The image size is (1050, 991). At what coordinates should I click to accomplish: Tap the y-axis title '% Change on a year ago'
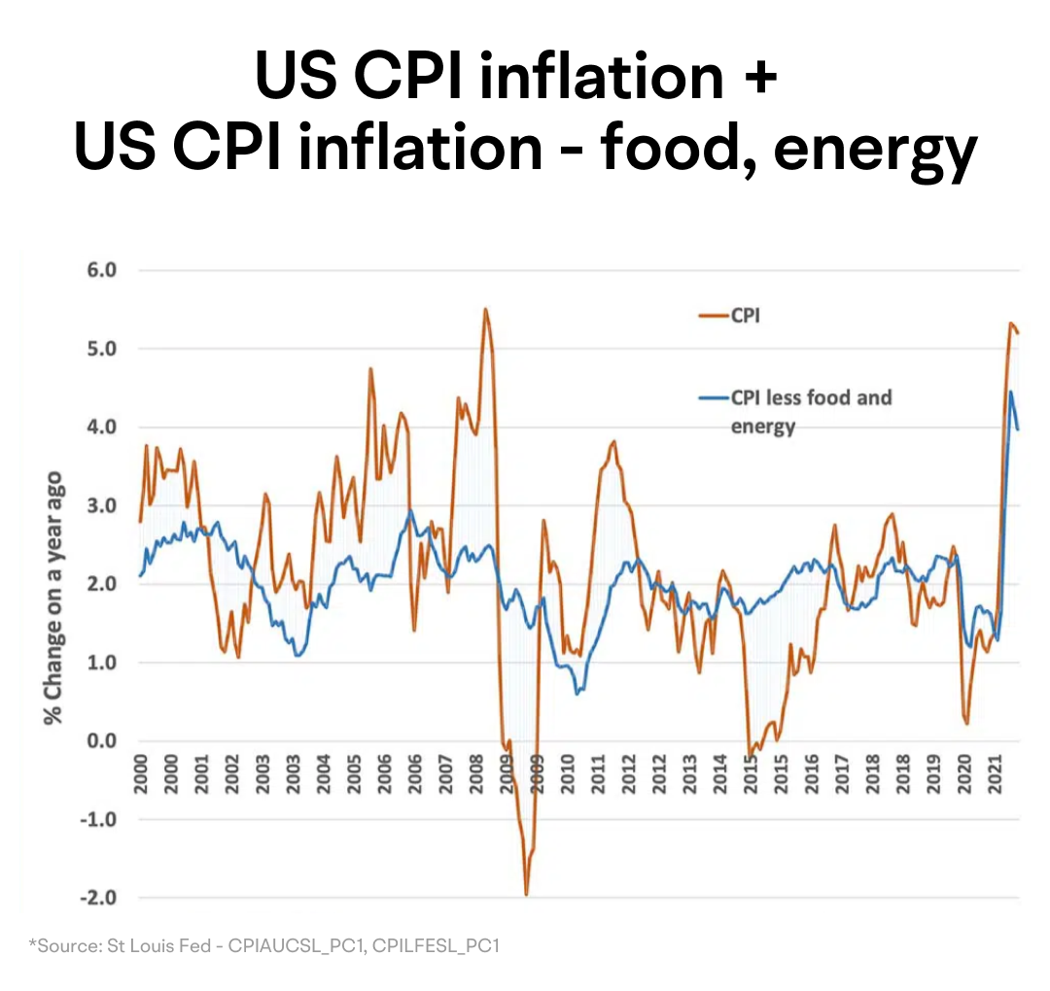pyautogui.click(x=52, y=598)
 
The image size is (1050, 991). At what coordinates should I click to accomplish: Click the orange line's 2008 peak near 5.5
pyautogui.click(x=485, y=310)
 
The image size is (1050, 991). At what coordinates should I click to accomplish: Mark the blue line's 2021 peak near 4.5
pyautogui.click(x=1010, y=392)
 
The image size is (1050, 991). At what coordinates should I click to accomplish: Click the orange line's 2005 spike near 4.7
pyautogui.click(x=370, y=369)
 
